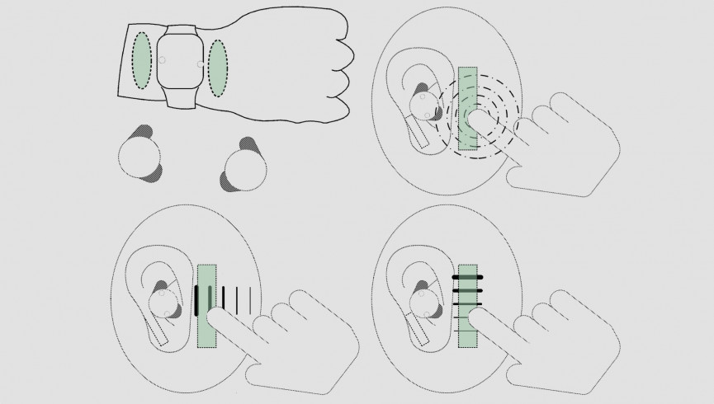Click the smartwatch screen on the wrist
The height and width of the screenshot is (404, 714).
pyautogui.click(x=180, y=62)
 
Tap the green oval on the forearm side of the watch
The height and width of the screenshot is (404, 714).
pyautogui.click(x=142, y=62)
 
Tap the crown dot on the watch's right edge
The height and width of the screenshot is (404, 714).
pyautogui.click(x=201, y=62)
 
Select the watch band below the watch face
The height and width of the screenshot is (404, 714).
pyautogui.click(x=180, y=99)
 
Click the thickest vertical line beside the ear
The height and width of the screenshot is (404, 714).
pyautogui.click(x=196, y=300)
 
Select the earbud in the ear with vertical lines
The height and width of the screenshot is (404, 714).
pyautogui.click(x=163, y=298)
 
